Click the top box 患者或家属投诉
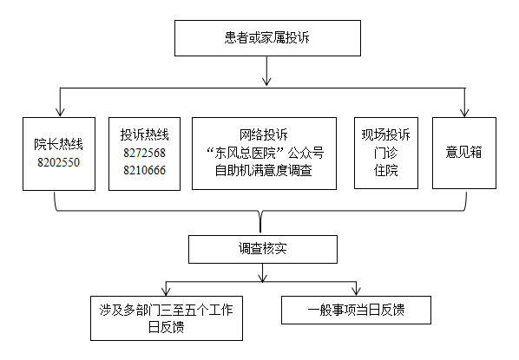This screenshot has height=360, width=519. point(267,38)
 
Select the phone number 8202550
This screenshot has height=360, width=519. point(59,162)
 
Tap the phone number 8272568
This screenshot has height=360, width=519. point(144,153)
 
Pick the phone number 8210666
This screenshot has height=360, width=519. point(144,170)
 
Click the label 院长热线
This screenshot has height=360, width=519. point(59,144)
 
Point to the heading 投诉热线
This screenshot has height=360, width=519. point(144,134)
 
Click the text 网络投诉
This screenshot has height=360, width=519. point(264,134)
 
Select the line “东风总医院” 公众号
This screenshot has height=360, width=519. point(265,153)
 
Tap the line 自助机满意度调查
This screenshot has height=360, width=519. point(264,171)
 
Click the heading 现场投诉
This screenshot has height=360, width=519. point(386,134)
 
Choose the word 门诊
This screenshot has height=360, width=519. point(386,153)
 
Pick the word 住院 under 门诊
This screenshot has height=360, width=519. point(386,171)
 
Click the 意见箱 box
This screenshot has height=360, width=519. point(464,154)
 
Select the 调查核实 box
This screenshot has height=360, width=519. point(263,250)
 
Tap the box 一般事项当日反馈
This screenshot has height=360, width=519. point(356,310)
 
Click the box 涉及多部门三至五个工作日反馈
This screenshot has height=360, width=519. point(167,318)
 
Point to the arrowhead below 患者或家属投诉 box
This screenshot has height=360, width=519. point(266,82)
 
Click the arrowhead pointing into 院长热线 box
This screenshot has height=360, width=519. point(60,112)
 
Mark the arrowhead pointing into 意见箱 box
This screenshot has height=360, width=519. point(464,113)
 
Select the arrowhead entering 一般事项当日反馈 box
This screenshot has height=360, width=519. point(356,291)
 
